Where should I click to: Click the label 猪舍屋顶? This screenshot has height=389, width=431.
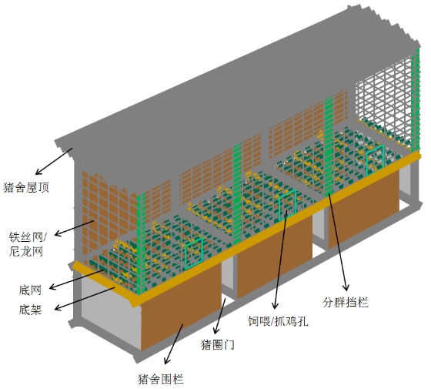point(26,187)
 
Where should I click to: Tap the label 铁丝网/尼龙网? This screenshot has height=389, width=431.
point(28,243)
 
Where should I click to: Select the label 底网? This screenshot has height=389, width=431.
point(30,290)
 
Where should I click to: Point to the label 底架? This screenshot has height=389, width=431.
point(30,310)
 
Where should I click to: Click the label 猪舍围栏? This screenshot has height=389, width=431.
point(161,379)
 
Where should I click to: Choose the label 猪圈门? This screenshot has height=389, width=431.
point(218,344)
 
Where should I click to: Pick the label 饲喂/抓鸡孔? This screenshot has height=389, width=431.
point(278,320)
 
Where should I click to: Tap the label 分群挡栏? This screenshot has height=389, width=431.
point(346,302)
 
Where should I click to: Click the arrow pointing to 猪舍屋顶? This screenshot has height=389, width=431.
point(54,161)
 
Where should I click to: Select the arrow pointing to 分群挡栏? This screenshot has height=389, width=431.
point(339,242)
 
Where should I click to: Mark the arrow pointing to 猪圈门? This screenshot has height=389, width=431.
point(220,316)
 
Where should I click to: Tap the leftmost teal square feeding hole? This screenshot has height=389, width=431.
point(194,253)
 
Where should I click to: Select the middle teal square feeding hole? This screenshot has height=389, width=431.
point(288,205)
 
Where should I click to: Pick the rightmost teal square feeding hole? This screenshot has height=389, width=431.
point(376,160)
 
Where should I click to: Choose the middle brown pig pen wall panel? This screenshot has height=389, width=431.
point(275,257)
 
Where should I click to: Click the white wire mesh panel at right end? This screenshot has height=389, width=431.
point(383,102)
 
